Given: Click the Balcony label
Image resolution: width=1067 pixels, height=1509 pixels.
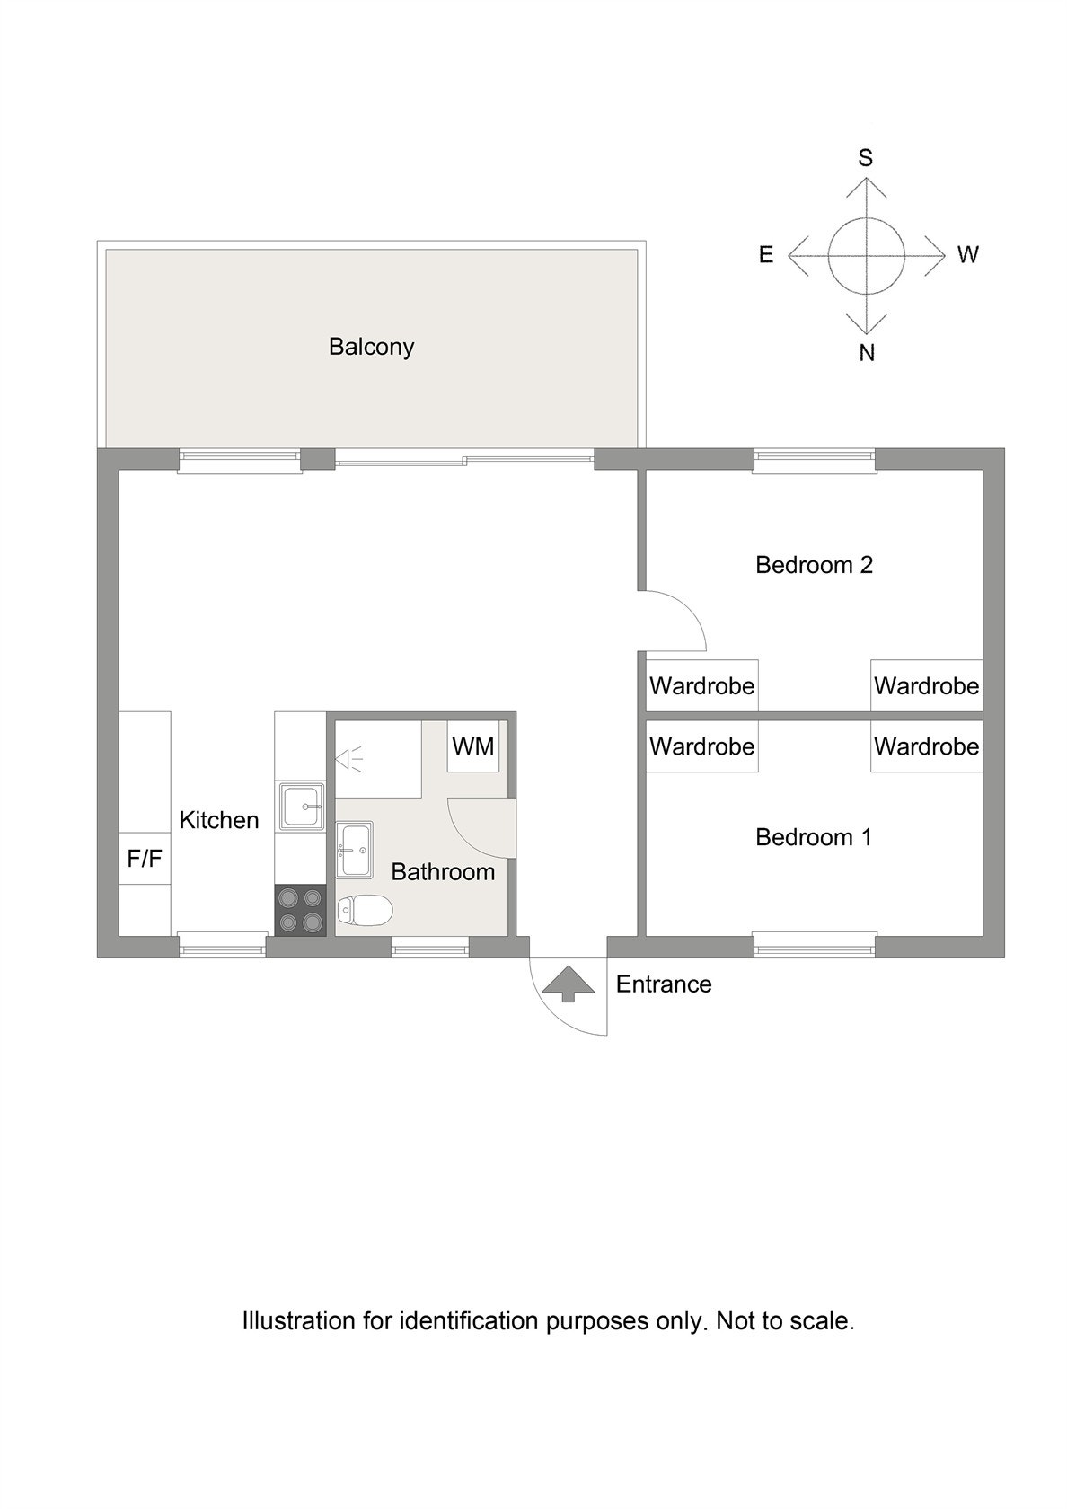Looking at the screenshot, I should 370,347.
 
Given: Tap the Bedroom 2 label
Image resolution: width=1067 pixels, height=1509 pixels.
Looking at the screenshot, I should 813,565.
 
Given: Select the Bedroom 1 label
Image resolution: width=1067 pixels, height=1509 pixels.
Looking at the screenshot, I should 813,837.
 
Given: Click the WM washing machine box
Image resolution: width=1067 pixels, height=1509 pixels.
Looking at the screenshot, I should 472,746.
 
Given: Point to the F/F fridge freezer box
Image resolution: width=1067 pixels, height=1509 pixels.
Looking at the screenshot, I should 145,859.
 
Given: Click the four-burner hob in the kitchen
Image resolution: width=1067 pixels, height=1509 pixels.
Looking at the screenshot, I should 300,910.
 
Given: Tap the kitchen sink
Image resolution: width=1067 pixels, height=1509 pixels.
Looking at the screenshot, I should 301,807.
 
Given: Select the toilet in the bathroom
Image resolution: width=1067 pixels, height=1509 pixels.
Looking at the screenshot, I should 365,911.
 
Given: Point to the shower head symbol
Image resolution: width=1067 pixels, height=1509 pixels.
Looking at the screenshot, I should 348,760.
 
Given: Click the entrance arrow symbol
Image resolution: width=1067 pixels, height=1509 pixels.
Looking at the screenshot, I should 568,984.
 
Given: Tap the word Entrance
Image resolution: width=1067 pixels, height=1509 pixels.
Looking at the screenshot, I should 663,984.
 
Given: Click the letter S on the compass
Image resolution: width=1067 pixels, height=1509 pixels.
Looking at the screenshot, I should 865,159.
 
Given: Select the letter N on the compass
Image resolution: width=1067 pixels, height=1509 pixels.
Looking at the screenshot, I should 866,353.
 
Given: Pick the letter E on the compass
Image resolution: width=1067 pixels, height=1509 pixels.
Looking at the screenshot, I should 765,255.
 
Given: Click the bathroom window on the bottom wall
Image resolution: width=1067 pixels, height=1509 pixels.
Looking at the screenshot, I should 429,946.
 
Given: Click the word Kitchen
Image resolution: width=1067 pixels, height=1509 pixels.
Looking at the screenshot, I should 219,820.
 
